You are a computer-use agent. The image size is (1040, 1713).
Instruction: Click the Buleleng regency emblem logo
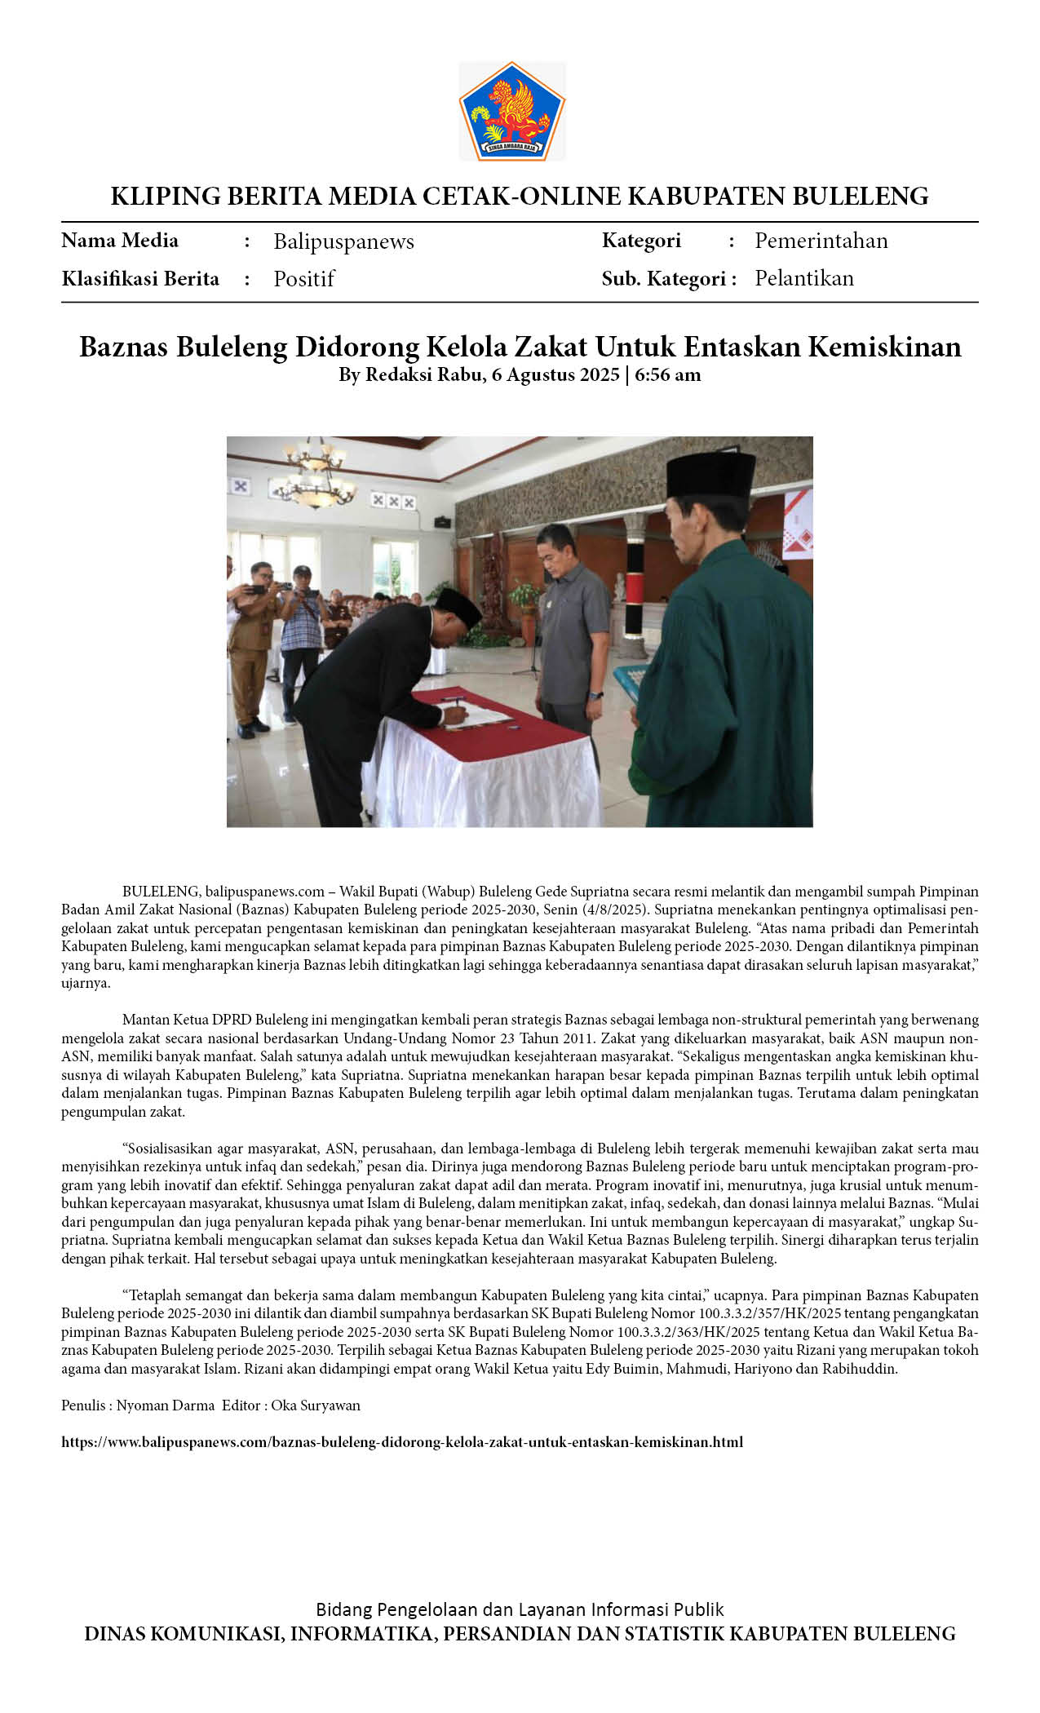511,111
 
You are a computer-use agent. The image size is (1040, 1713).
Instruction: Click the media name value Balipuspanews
343,241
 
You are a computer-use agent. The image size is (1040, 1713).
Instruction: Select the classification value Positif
303,279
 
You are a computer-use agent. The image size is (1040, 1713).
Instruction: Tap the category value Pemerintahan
821,241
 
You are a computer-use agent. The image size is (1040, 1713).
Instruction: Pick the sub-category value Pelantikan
803,278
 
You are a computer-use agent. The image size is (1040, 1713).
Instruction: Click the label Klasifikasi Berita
140,279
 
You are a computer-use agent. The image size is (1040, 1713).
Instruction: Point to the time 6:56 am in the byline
667,375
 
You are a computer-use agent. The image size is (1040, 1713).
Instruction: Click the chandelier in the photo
315,476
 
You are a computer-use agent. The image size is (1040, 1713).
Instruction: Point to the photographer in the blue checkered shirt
300,632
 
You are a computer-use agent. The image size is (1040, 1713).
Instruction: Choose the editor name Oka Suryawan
316,1405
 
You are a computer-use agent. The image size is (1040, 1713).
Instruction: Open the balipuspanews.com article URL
401,1441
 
